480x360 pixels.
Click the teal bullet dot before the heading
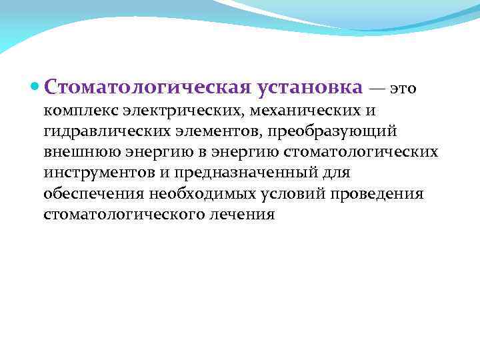point(35,87)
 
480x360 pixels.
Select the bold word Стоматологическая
point(147,87)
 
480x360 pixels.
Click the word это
point(403,88)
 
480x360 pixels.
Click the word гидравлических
point(99,130)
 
